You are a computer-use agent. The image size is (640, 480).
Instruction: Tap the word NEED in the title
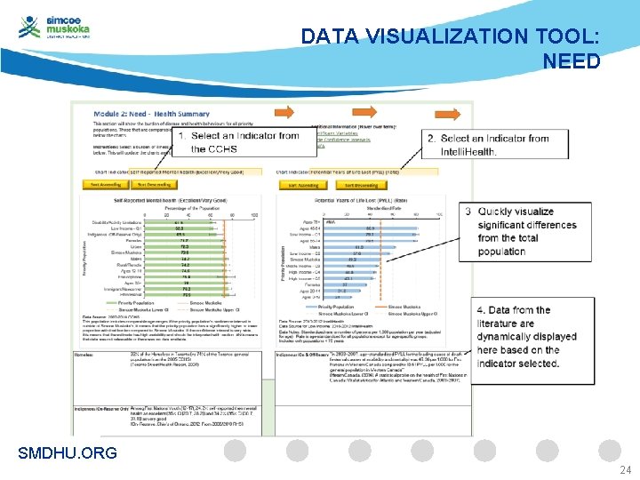point(571,61)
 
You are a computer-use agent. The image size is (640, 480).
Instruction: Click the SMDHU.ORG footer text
point(67,453)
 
